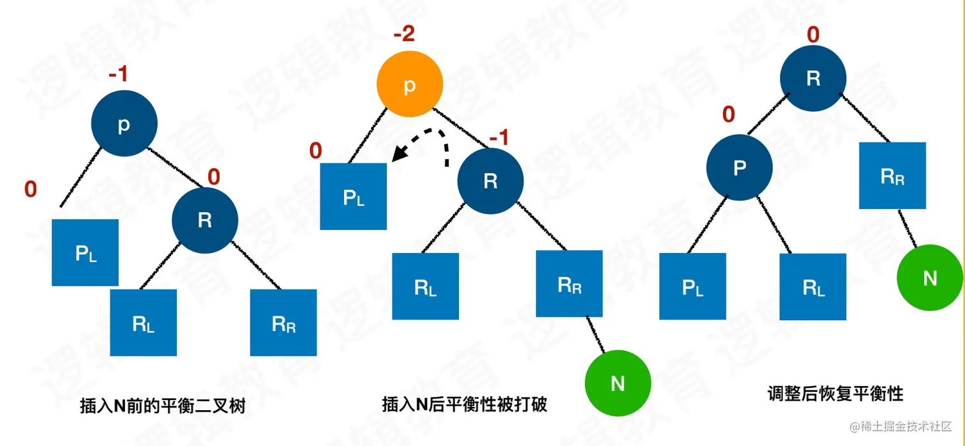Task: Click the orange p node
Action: [x=409, y=86]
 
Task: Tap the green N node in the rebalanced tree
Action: [x=930, y=278]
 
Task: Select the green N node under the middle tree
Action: [x=617, y=383]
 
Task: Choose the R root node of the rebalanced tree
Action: [x=813, y=79]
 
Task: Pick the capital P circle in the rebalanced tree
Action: [x=739, y=168]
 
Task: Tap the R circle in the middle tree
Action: [x=490, y=181]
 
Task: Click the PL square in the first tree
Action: [x=86, y=252]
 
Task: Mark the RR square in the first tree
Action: [x=283, y=323]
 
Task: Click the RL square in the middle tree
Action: [x=425, y=286]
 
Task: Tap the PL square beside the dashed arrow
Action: [x=353, y=196]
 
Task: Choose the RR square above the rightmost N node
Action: [x=892, y=176]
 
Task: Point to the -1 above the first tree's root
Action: [x=118, y=75]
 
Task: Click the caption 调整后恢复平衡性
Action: [x=835, y=393]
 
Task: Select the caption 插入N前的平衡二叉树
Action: [x=162, y=406]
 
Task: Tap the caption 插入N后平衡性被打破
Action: [x=464, y=404]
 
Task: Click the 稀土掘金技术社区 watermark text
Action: [x=905, y=426]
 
